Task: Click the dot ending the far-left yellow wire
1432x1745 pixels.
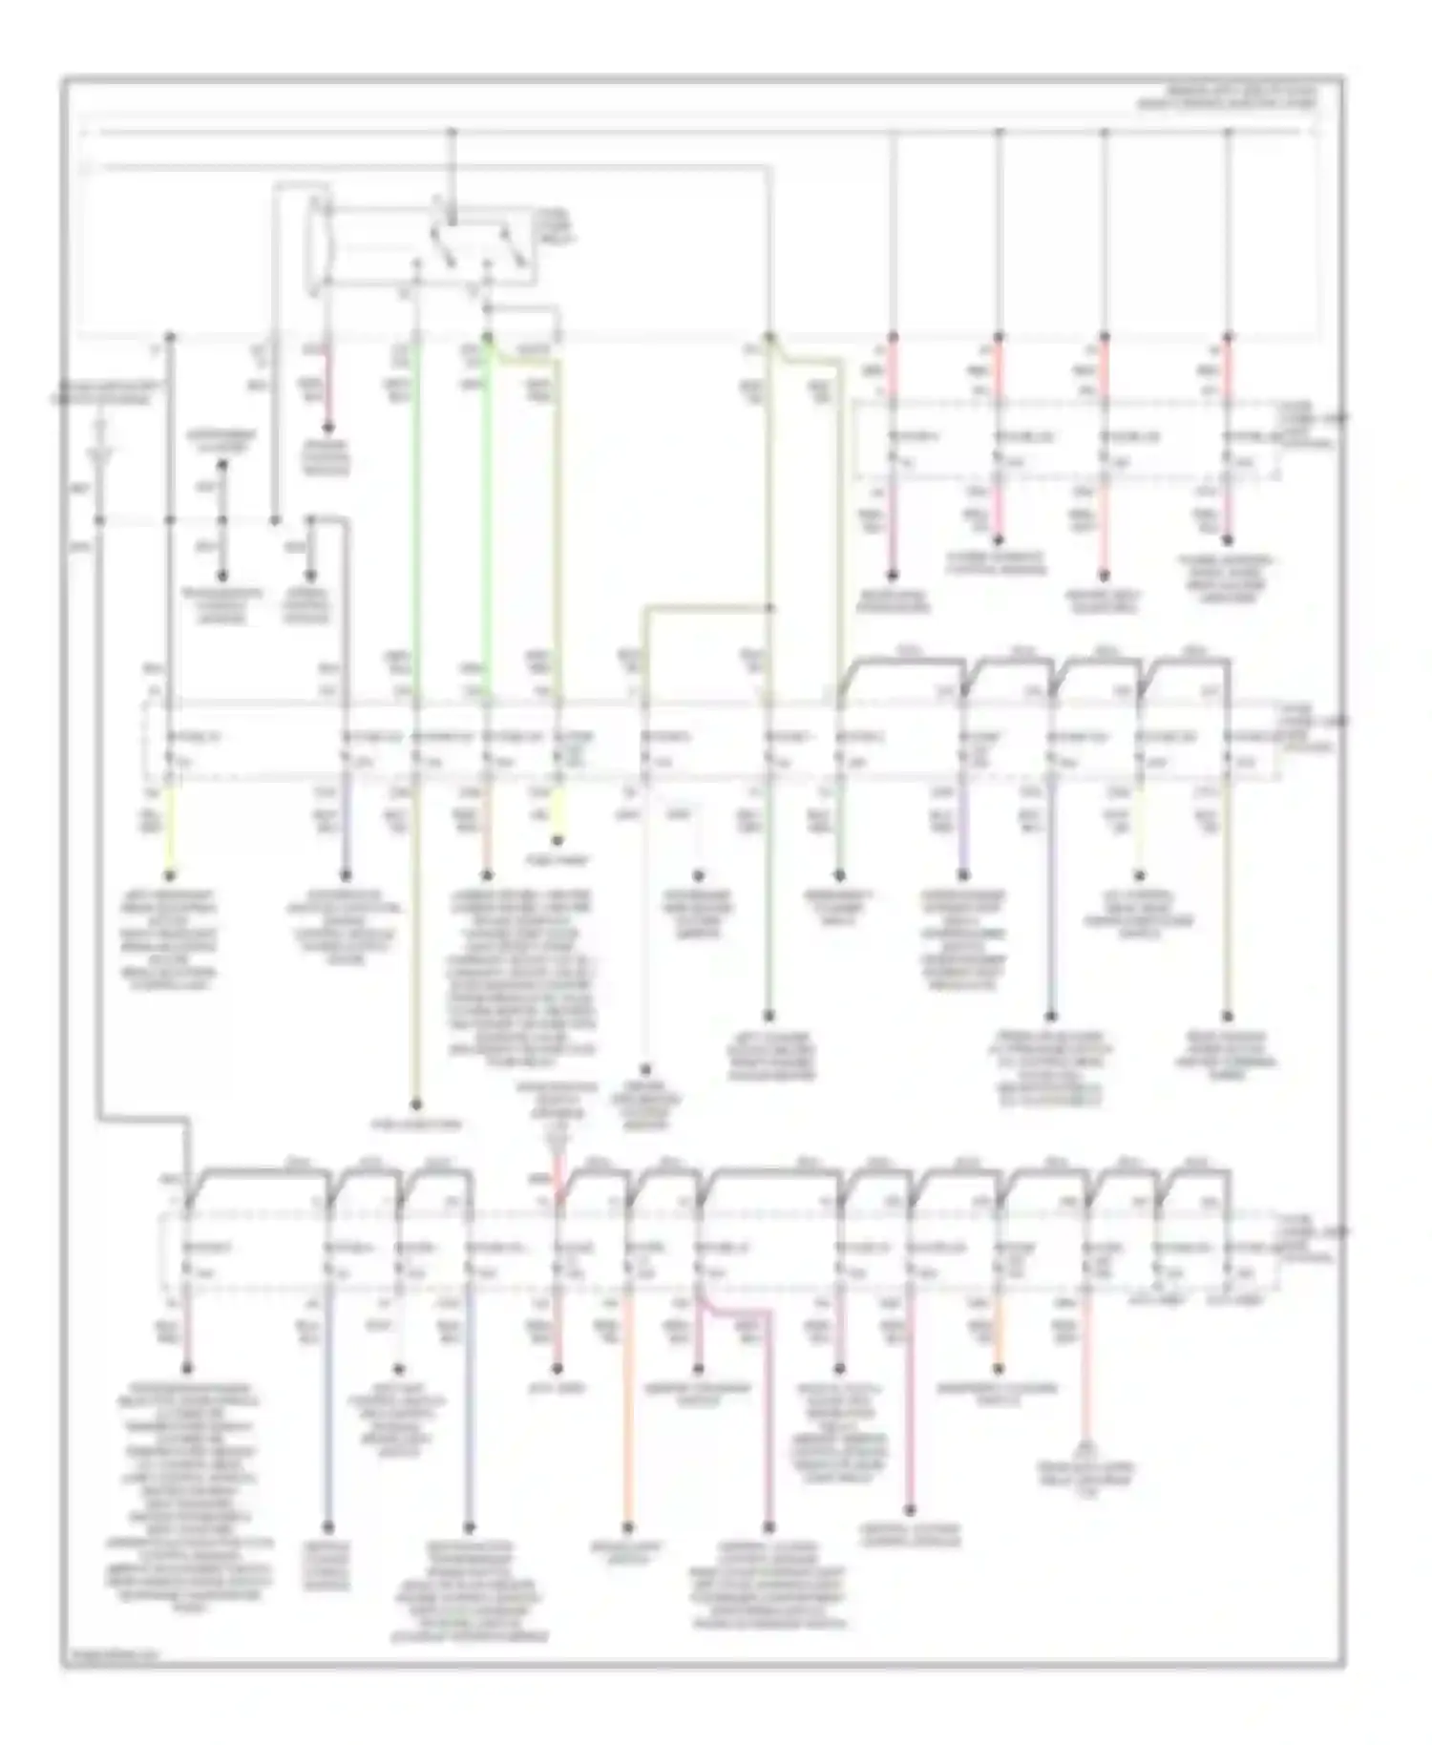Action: coord(172,875)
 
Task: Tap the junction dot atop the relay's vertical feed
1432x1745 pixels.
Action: coord(453,131)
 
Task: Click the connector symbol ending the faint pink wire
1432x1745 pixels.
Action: coord(1085,1447)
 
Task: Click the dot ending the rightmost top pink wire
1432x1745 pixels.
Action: coord(1228,540)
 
